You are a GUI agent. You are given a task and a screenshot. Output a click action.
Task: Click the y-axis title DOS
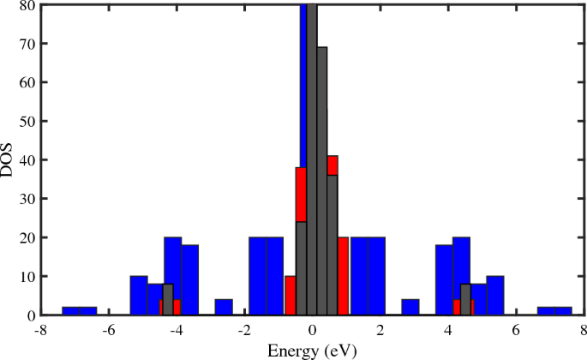pyautogui.click(x=8, y=159)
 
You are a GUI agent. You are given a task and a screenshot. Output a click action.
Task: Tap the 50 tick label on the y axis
pyautogui.click(x=27, y=122)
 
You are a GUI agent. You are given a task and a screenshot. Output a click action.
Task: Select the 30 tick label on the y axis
pyautogui.click(x=27, y=199)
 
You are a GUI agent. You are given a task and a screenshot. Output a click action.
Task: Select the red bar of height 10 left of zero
pyautogui.click(x=291, y=296)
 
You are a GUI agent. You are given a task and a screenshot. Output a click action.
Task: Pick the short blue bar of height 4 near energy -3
pyautogui.click(x=224, y=308)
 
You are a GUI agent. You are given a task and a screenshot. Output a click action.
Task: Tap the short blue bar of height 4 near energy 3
pyautogui.click(x=410, y=308)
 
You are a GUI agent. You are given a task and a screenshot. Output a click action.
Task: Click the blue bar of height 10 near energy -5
pyautogui.click(x=139, y=296)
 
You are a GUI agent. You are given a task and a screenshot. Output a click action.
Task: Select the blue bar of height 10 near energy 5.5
pyautogui.click(x=495, y=296)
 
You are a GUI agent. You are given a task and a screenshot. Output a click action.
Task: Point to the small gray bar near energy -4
pyautogui.click(x=168, y=300)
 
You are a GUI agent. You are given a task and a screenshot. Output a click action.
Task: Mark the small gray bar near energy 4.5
pyautogui.click(x=465, y=300)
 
